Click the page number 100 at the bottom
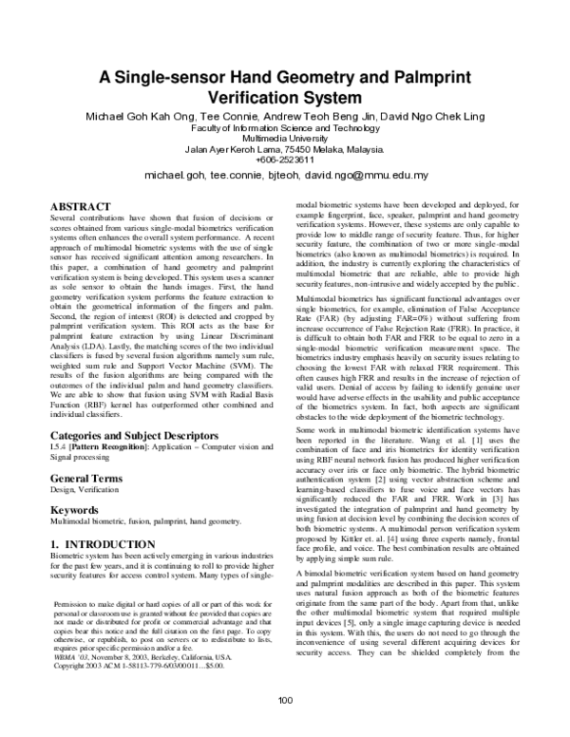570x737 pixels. point(285,701)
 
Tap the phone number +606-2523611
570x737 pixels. point(285,160)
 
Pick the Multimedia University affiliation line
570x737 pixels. point(285,138)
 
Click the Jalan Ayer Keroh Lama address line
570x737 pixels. point(285,149)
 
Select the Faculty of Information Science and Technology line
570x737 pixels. point(285,127)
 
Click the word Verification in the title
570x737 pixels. point(285,97)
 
